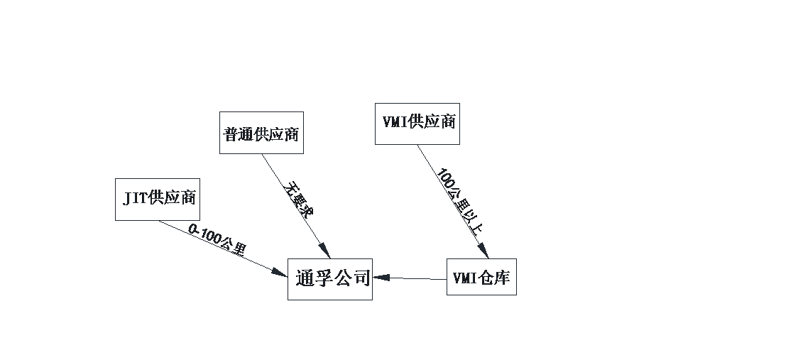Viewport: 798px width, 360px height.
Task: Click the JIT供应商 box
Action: pyautogui.click(x=158, y=200)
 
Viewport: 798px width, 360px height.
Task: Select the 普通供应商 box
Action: pyautogui.click(x=261, y=133)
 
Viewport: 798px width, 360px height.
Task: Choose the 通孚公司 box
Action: pyautogui.click(x=330, y=279)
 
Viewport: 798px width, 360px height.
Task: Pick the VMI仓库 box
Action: pyautogui.click(x=481, y=277)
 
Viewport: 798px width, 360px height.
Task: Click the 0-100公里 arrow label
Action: pyautogui.click(x=217, y=240)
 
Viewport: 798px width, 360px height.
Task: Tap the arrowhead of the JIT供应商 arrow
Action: pyautogui.click(x=280, y=272)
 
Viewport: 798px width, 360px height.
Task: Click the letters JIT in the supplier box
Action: pyautogui.click(x=136, y=199)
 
